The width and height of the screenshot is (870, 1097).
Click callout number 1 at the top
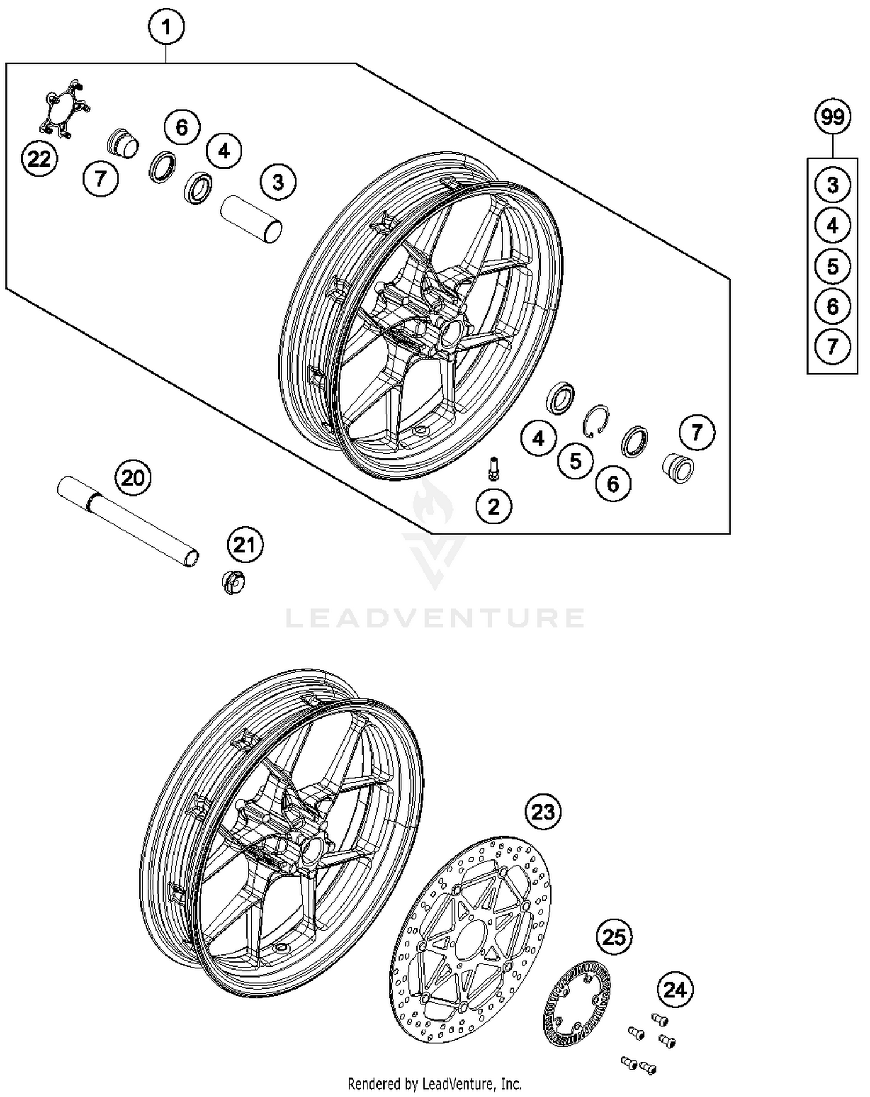pos(166,27)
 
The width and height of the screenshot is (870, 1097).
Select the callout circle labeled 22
pos(39,159)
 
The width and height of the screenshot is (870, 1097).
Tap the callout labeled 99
pos(832,118)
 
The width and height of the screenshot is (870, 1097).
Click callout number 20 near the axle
pos(133,478)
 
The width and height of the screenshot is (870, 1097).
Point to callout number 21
pos(244,545)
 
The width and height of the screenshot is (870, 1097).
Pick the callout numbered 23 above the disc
pos(543,812)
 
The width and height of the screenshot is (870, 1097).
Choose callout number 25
pos(614,936)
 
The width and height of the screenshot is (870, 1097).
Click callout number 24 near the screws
pos(675,990)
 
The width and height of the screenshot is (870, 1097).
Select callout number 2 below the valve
pos(494,506)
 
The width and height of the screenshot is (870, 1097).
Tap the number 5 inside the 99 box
pos(832,267)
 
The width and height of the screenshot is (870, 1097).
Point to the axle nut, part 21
pos(233,582)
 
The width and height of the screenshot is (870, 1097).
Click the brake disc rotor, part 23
pos(470,939)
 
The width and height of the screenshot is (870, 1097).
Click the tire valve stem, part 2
pos(494,468)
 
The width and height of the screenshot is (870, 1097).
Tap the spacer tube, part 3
pos(251,218)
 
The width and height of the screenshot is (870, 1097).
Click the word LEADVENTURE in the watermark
pos(435,618)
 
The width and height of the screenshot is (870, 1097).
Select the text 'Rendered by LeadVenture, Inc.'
pos(434,1084)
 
